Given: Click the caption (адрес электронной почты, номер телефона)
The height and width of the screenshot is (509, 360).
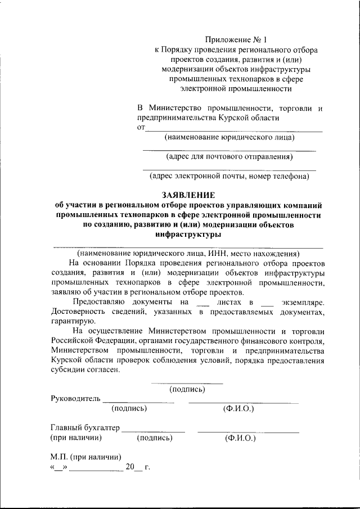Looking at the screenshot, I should click(x=229, y=176).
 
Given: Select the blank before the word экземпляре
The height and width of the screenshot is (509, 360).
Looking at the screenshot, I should click(x=268, y=303).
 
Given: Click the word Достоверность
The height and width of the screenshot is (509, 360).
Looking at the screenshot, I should click(x=78, y=312).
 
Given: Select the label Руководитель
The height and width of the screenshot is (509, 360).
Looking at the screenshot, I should click(x=75, y=398).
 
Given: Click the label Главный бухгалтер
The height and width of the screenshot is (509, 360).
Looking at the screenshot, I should click(x=85, y=427).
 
